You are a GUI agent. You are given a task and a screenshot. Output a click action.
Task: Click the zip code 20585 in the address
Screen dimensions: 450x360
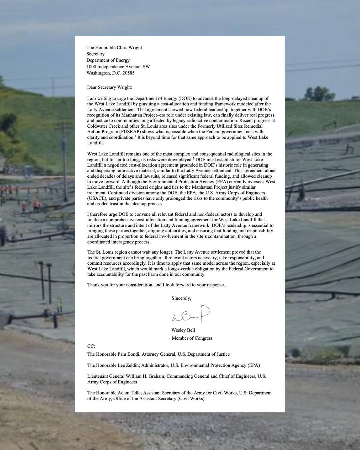pyautogui.click(x=128, y=73)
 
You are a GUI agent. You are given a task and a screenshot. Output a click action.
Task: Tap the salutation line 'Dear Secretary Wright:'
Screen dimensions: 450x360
pyautogui.click(x=110, y=87)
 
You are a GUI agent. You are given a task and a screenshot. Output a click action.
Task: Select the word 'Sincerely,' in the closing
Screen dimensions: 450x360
pyautogui.click(x=181, y=298)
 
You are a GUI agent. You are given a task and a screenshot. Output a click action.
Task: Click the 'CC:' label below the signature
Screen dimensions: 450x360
pyautogui.click(x=91, y=346)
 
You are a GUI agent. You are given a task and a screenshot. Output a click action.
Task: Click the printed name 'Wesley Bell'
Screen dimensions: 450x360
pyautogui.click(x=183, y=330)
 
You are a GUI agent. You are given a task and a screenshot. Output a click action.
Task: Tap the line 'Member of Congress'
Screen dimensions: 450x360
pyautogui.click(x=192, y=338)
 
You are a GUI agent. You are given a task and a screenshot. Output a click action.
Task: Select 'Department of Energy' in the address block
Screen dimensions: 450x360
pyautogui.click(x=108, y=60)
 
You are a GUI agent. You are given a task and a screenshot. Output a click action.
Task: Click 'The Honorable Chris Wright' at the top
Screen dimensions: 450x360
pyautogui.click(x=114, y=48)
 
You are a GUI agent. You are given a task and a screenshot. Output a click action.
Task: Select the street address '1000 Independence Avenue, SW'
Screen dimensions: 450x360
pyautogui.click(x=118, y=67)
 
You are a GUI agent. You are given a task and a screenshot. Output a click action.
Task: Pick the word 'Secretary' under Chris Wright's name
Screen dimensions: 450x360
pyautogui.click(x=95, y=54)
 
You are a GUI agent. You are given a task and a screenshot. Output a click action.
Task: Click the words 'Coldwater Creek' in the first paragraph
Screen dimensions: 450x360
pyautogui.click(x=104, y=126)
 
